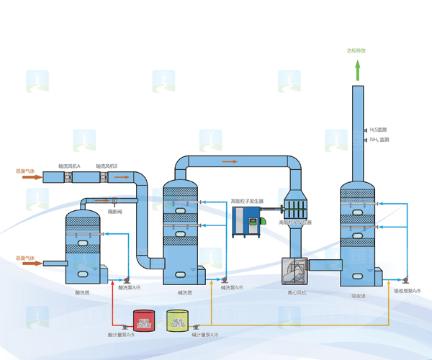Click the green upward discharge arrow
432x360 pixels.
pos(356,70)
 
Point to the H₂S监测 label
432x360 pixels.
pos(379,130)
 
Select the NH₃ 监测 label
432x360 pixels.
pos(379,140)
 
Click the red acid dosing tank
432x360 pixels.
pos(144,320)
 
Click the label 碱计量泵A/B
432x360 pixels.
pos(203,335)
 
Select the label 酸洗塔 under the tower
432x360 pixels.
pos(82,293)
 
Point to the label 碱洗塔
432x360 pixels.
pos(184,293)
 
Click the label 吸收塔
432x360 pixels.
pos(358,294)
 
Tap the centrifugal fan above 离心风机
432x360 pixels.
pos(294,271)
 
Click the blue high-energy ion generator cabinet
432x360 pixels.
pos(246,222)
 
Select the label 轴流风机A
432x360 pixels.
pos(69,166)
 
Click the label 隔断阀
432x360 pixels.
pos(115,212)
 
